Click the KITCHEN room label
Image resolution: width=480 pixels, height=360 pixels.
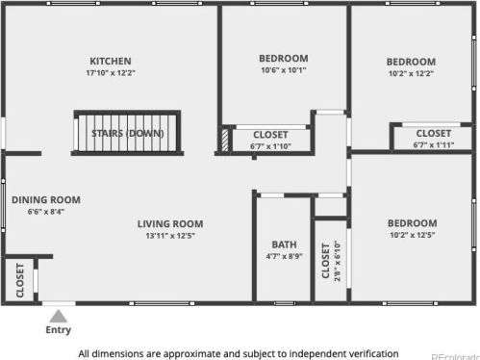pos(111,61)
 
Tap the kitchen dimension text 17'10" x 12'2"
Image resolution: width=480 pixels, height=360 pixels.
pos(111,73)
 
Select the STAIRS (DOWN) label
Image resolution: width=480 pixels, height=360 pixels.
pos(128,133)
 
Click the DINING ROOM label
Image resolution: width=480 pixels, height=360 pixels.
pos(46,200)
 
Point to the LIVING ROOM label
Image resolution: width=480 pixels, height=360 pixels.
pos(170,224)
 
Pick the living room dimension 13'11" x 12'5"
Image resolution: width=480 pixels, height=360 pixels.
pos(170,236)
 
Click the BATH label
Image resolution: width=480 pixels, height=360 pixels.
pos(284,244)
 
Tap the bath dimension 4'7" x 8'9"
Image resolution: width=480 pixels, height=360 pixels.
pos(284,256)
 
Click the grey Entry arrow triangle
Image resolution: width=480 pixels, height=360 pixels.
pos(58,316)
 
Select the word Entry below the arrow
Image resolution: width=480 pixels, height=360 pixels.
pos(58,330)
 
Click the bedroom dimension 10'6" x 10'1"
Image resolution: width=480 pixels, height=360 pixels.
pos(284,70)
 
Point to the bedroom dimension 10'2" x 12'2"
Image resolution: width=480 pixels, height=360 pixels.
pos(411,73)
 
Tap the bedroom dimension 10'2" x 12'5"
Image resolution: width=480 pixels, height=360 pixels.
pos(413,235)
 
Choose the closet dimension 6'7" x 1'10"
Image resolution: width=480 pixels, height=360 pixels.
pos(270,146)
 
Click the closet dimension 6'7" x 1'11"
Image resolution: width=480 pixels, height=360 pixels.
pos(434,145)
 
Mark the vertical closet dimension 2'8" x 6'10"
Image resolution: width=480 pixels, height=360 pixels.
pos(338,261)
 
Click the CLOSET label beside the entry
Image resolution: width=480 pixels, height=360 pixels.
pos(20,280)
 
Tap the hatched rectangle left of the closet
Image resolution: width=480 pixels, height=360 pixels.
pos(225,140)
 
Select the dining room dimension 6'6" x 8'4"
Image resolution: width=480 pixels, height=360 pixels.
pos(46,212)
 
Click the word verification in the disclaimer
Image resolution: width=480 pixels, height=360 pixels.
pos(373,354)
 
